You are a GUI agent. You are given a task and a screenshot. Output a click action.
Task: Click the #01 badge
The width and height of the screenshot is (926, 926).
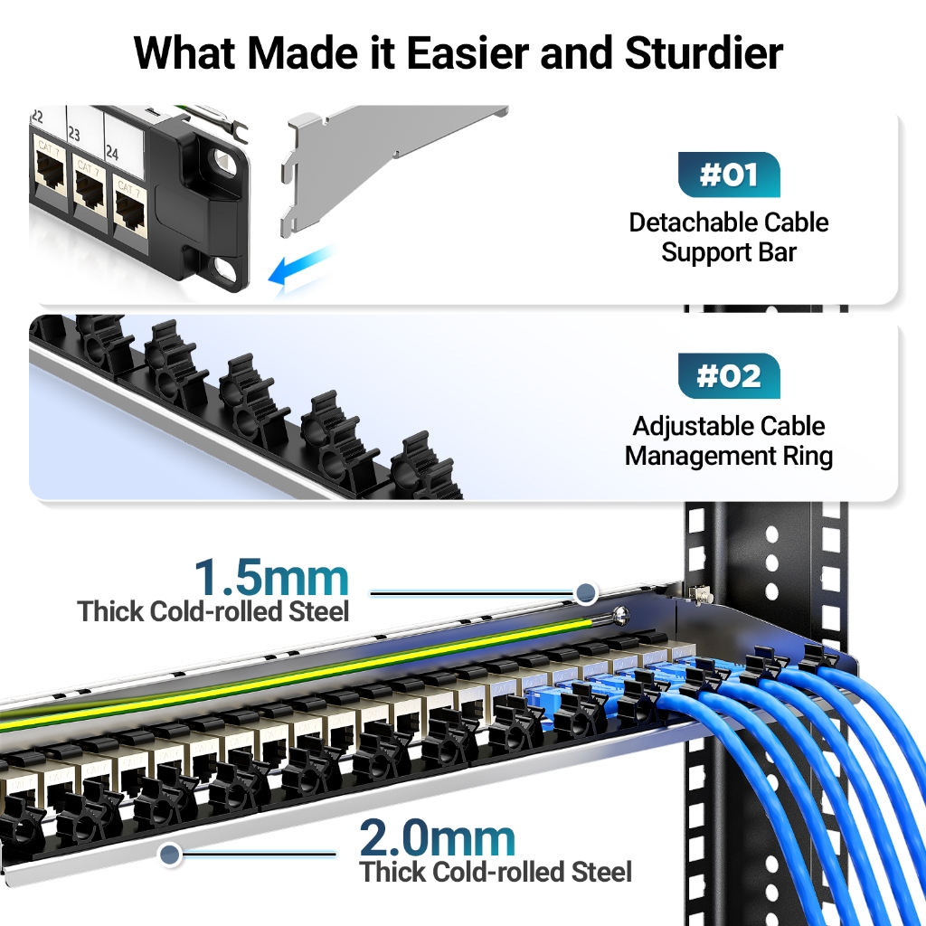729,175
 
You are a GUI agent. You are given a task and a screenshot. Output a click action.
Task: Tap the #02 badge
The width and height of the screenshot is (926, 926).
729,376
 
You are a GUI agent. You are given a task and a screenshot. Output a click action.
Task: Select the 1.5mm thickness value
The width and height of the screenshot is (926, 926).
271,578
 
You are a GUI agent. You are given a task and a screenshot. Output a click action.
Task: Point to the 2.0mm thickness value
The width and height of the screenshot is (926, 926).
438,839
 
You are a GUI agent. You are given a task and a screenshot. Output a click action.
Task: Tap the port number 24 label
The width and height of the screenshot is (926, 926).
112,151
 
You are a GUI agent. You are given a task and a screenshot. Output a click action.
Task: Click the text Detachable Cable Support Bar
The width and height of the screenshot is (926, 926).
729,237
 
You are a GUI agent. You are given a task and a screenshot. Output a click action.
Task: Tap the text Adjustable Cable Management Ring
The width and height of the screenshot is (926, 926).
729,440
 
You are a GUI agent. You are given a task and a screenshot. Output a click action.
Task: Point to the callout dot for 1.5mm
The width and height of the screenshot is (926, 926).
586,593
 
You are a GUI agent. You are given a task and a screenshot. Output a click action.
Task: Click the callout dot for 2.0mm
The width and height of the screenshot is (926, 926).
169,853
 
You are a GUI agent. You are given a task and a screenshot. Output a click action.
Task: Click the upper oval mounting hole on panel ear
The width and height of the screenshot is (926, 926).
223,162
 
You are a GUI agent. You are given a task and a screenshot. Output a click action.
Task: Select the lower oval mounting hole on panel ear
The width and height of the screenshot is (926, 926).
223,266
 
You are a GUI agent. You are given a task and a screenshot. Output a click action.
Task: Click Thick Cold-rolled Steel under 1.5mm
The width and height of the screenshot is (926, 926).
213,611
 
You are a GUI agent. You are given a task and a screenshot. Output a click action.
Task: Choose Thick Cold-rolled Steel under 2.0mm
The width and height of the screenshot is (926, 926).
496,872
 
